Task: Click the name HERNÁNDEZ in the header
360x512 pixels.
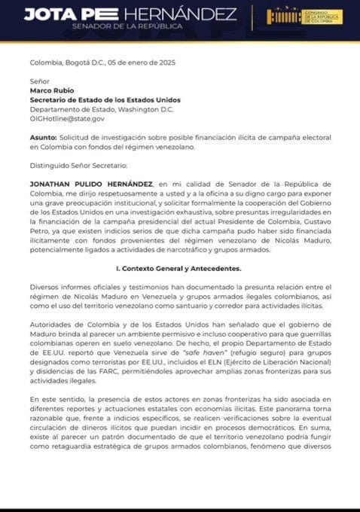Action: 180,15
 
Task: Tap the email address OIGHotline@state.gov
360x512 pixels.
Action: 67,118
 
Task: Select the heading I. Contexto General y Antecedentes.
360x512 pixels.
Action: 180,267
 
